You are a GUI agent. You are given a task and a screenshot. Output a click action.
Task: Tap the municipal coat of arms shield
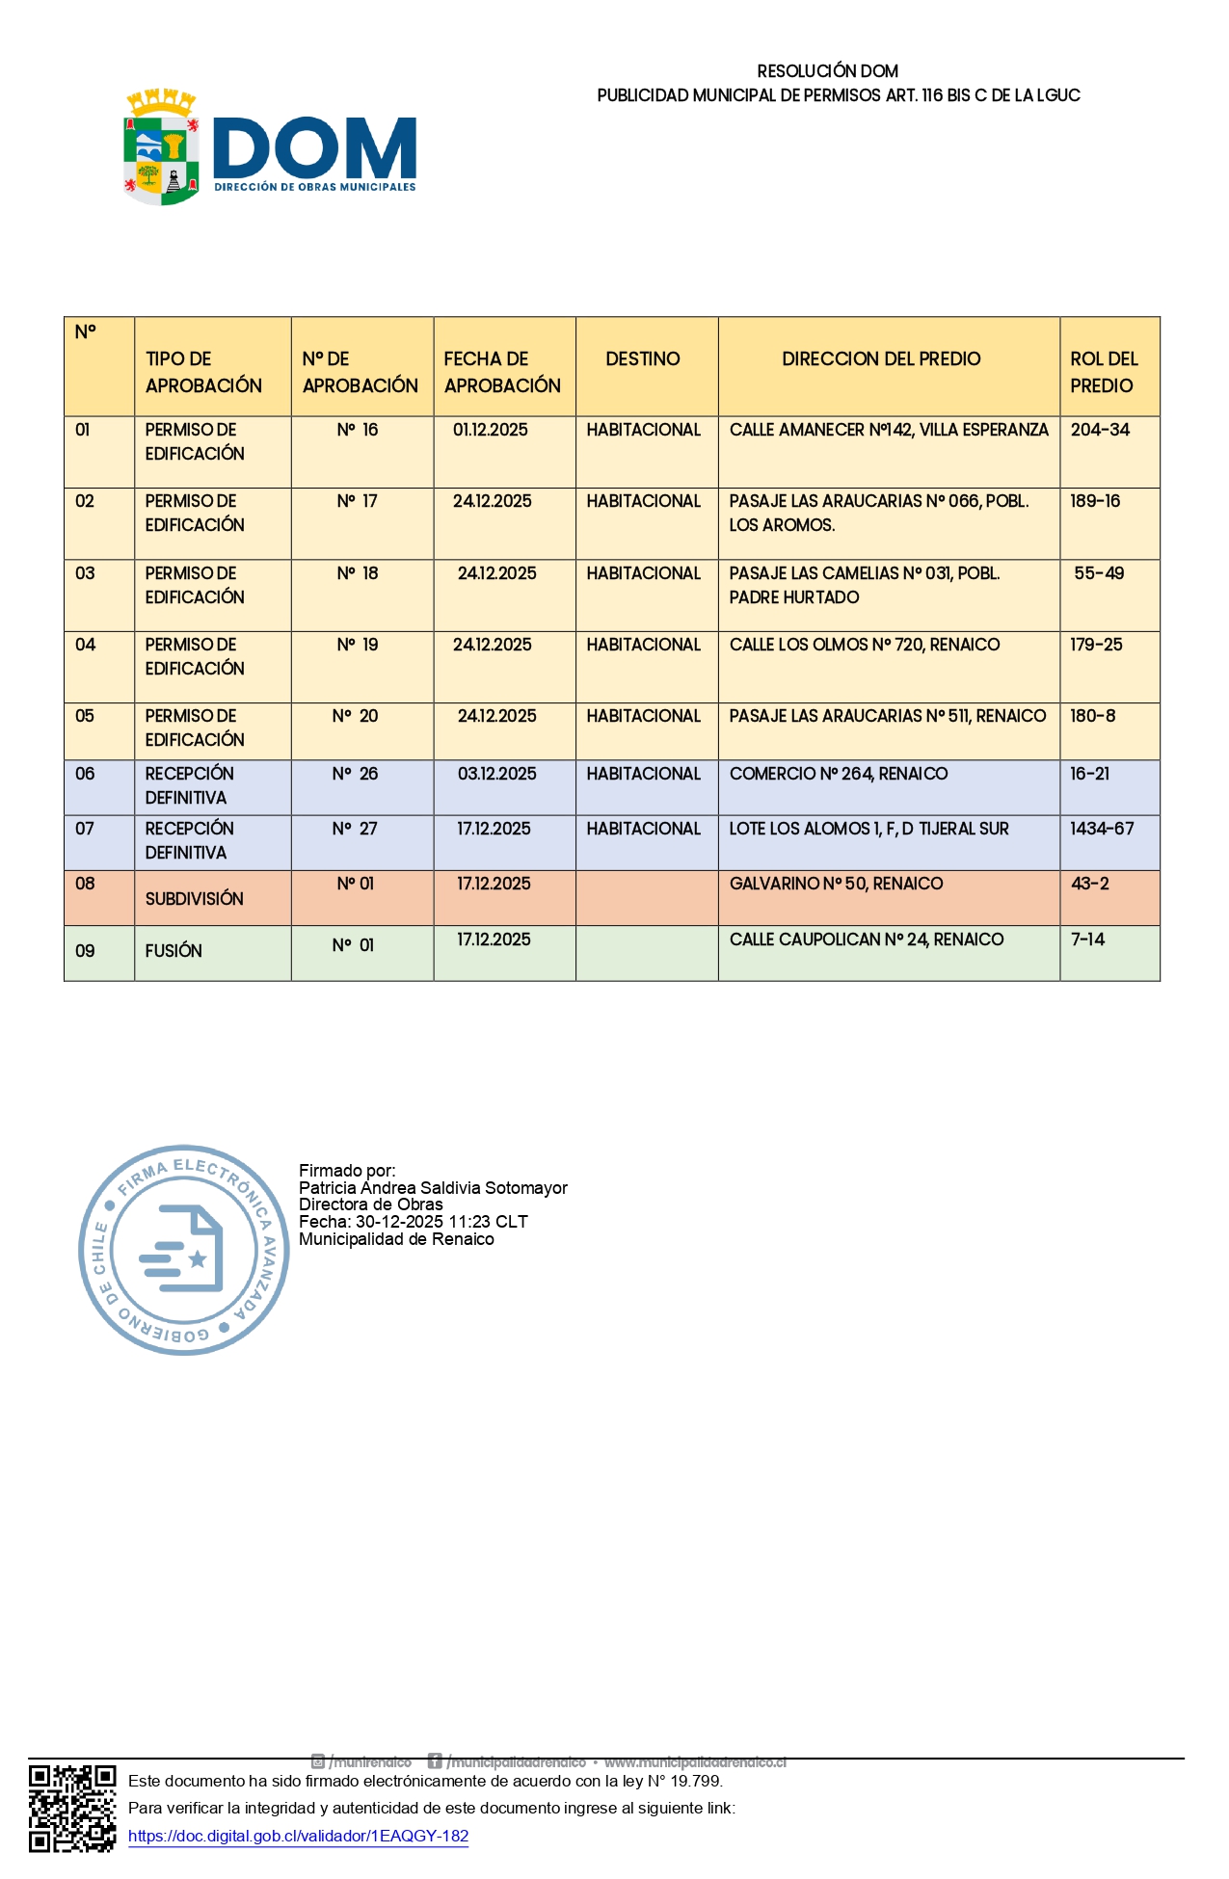(161, 149)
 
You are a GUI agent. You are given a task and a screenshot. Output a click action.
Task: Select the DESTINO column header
(643, 359)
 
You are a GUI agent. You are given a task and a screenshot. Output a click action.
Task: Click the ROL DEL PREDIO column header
(1104, 372)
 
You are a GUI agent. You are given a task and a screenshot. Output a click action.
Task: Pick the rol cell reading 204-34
(1100, 430)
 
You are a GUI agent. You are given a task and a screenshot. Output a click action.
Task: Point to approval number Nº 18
(358, 573)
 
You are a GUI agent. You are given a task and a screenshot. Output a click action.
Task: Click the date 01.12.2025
(491, 430)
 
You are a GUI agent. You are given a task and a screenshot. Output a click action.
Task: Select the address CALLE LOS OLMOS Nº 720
(865, 645)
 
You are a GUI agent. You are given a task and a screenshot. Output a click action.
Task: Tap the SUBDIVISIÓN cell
(195, 899)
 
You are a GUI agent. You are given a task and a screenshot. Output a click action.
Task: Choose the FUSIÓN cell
(174, 951)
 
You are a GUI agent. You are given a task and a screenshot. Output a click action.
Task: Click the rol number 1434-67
(1102, 829)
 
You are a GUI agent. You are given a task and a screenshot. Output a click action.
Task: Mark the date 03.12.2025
(497, 774)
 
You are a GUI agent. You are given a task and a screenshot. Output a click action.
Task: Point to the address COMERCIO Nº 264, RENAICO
(839, 774)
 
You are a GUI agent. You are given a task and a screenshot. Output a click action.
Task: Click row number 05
(85, 716)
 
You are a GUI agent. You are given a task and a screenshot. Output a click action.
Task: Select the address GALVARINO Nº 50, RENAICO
(836, 884)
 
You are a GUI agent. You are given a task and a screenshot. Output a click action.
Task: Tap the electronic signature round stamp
(183, 1250)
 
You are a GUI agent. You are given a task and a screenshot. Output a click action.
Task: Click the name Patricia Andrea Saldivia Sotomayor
(433, 1188)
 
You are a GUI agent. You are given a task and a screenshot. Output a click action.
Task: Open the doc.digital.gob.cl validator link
(298, 1836)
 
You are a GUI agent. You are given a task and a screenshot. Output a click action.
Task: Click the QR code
(72, 1808)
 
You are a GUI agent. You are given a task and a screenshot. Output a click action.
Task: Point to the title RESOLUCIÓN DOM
(827, 71)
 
